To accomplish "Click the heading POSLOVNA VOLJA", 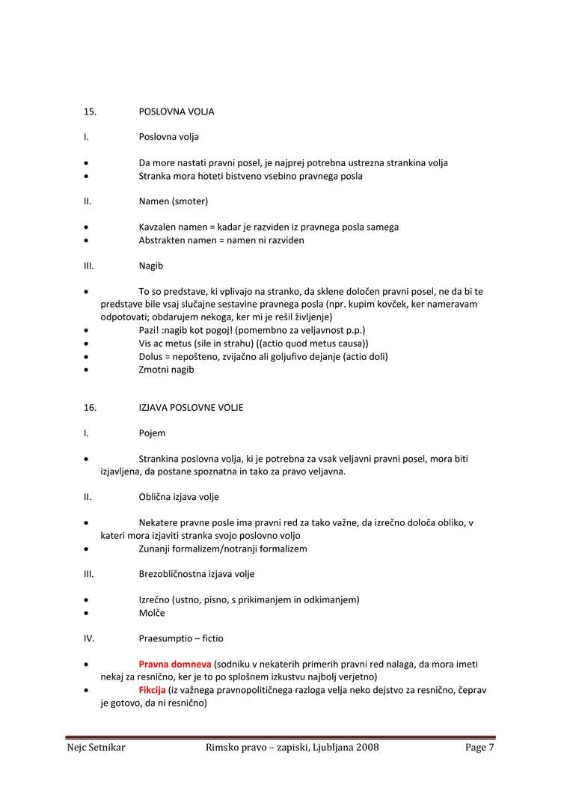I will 177,112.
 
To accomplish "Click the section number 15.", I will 90,112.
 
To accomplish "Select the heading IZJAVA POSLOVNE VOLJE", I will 191,408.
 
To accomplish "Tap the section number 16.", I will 90,408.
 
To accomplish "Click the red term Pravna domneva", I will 175,664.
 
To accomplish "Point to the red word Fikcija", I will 152,690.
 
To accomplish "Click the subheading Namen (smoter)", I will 174,201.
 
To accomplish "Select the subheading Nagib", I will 151,266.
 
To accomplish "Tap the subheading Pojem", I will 152,433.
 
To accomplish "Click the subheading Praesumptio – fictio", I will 181,638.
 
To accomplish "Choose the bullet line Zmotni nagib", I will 166,370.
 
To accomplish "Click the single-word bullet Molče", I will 152,613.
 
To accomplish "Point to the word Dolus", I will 151,356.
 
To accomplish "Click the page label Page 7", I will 479,747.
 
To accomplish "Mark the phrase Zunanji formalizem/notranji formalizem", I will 223,549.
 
